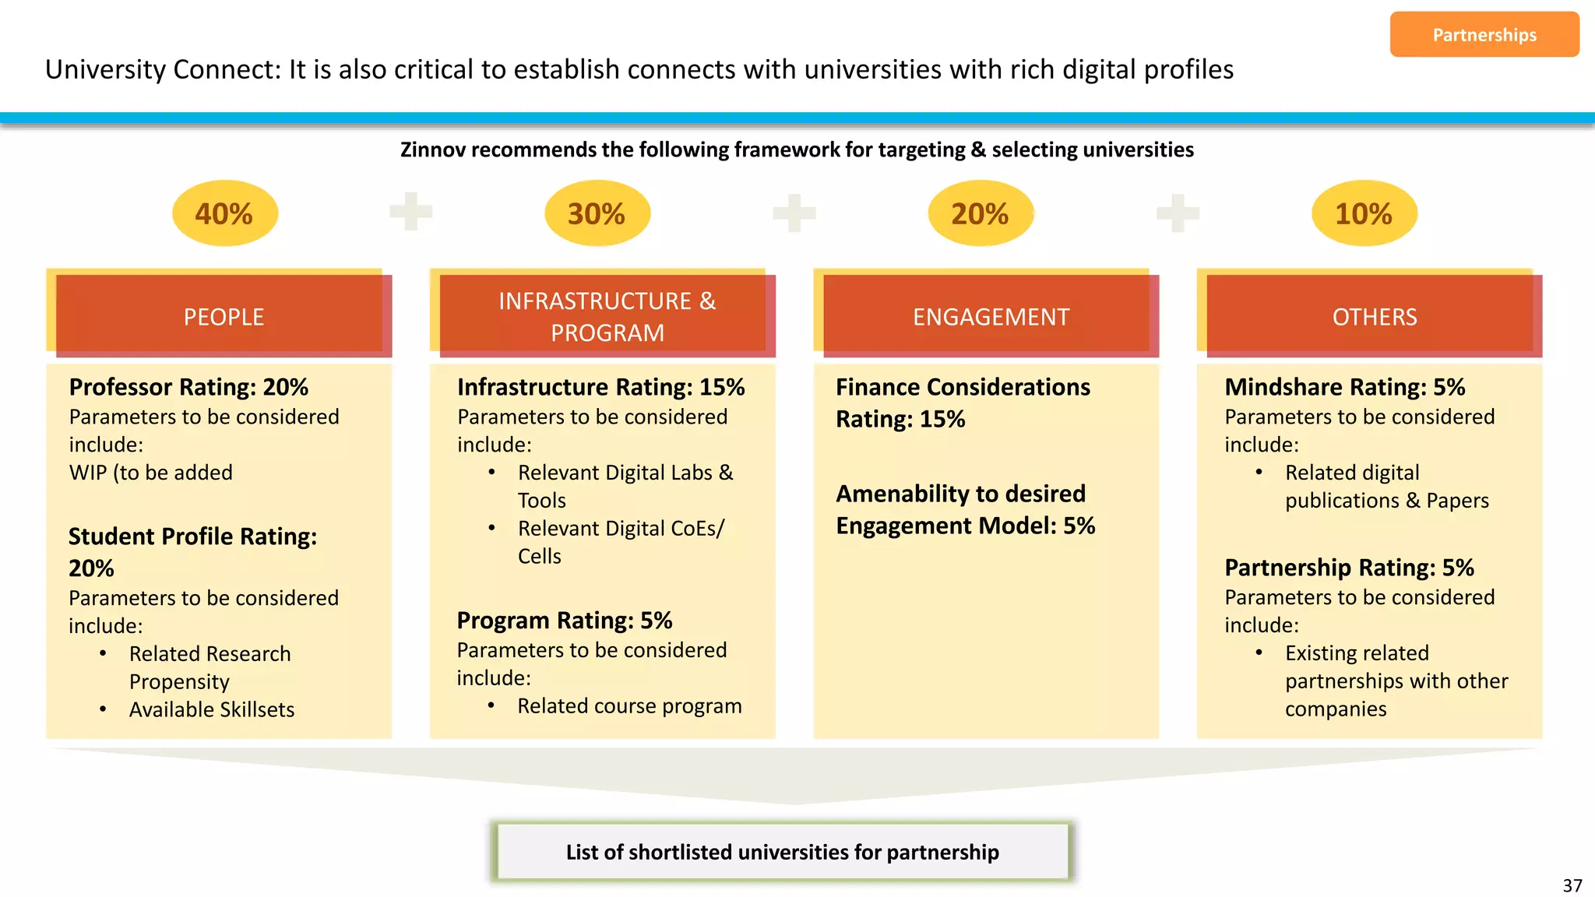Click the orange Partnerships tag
(x=1484, y=34)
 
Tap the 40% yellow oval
(x=224, y=213)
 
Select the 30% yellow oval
(x=597, y=213)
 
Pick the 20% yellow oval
(x=980, y=213)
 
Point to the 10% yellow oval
(x=1364, y=213)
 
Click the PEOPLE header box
(x=224, y=316)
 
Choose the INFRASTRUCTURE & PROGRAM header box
(x=607, y=316)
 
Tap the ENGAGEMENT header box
(x=991, y=316)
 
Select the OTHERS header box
(x=1374, y=316)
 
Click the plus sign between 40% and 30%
(x=410, y=211)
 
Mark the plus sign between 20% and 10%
(x=1178, y=213)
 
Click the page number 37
(x=1572, y=885)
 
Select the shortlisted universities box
(x=782, y=852)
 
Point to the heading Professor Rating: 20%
(x=188, y=387)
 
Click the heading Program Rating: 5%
(x=564, y=621)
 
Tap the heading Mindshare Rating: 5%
(x=1344, y=387)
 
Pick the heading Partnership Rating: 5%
(x=1349, y=568)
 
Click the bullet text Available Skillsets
(x=212, y=709)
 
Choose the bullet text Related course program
(x=629, y=705)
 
